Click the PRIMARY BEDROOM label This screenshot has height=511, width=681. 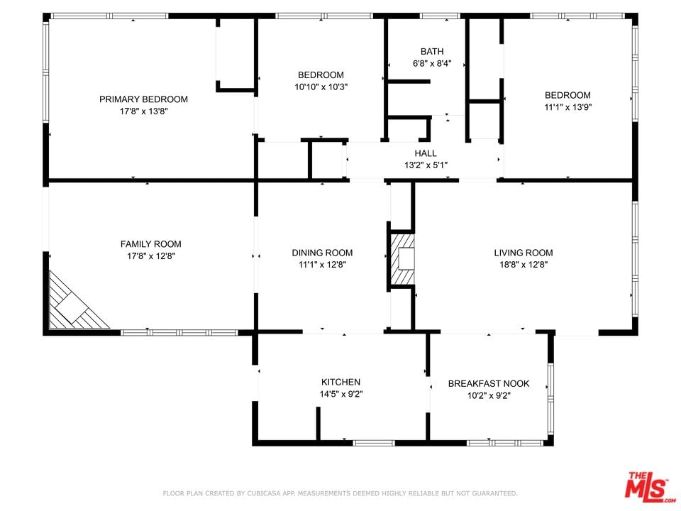point(143,99)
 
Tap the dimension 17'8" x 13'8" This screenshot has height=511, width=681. point(143,111)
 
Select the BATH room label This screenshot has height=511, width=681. point(432,51)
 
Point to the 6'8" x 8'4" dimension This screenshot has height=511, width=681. point(432,63)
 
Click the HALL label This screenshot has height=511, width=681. point(426,153)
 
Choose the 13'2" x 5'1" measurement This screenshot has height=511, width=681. point(426,165)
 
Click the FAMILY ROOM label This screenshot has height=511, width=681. point(150,244)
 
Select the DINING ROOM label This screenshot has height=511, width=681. point(322,253)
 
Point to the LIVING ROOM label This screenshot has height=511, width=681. point(524,253)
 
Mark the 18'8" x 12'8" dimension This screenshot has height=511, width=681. point(524,265)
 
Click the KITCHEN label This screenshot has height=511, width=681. point(340,382)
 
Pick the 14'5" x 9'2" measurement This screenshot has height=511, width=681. point(341,394)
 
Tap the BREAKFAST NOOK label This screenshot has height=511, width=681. point(489,384)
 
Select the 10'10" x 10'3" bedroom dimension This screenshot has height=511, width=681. point(321,87)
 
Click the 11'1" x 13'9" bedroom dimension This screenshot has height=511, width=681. point(567,107)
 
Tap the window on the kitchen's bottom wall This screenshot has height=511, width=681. point(374,443)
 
